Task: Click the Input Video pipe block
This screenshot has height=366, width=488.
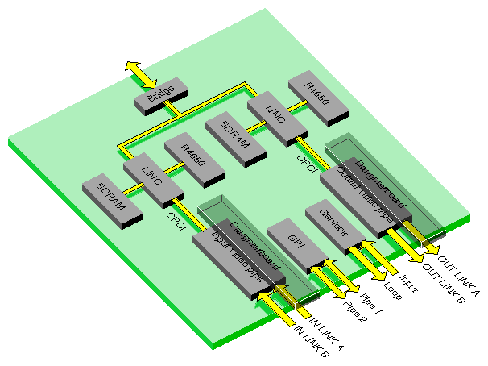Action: pos(237,256)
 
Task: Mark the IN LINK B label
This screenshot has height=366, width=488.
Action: pos(309,343)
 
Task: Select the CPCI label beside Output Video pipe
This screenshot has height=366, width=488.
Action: pos(306,157)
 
